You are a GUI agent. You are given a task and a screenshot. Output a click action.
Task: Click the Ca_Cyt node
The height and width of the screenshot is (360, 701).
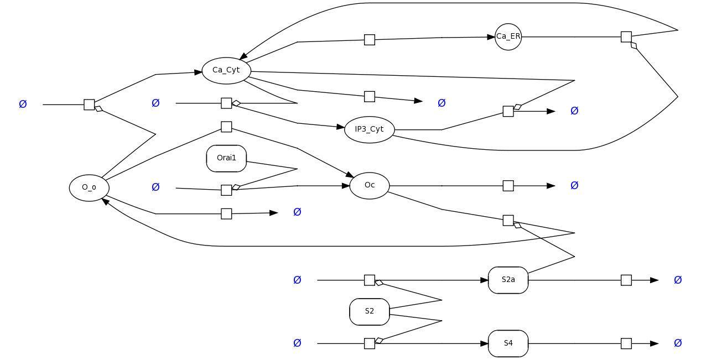226,71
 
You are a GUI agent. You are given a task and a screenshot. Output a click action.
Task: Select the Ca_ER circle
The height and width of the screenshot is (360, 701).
508,37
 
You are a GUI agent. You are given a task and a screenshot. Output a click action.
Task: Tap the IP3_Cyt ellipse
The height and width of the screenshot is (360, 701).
369,129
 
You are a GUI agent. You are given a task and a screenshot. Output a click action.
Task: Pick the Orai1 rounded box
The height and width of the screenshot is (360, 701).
226,158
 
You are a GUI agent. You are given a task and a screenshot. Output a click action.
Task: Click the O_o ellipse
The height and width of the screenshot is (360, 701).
89,187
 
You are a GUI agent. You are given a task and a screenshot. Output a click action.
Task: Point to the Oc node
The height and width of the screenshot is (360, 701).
370,185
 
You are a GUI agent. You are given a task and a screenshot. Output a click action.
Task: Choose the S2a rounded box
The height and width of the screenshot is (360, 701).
508,280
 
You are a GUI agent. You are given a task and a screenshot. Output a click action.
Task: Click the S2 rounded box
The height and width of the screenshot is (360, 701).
370,311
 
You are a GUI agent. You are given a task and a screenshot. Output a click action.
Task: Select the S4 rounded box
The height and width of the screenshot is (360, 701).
508,343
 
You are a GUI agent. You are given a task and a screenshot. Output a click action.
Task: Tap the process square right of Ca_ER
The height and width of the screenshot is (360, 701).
626,37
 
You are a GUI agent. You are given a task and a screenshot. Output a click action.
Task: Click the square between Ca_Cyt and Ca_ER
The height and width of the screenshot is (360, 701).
370,40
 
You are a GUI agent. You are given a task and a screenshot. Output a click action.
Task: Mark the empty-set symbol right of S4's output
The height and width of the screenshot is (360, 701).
678,343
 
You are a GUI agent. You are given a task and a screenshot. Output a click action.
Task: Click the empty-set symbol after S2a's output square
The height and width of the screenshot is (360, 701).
678,280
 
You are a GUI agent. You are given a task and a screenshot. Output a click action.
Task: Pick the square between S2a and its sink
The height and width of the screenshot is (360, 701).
626,280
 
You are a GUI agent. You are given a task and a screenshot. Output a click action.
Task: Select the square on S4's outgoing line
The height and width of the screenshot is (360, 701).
626,343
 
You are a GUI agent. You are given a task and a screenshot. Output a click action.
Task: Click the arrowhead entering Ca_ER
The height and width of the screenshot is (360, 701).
491,37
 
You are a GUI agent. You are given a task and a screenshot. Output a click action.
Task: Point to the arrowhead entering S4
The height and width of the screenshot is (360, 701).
484,343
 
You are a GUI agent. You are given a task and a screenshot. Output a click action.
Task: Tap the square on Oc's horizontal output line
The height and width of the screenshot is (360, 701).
508,186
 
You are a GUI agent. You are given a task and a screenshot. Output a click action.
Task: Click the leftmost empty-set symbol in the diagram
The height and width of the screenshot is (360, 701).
23,105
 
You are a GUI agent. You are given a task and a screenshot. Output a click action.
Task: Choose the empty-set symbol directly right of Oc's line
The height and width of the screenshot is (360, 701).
574,186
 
